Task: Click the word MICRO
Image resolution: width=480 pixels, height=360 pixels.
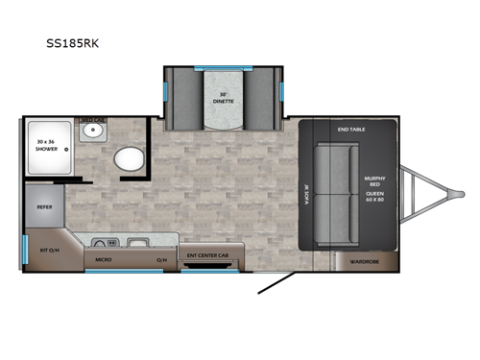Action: click(102, 259)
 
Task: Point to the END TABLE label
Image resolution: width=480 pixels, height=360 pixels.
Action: click(349, 129)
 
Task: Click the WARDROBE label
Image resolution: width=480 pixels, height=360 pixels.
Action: click(364, 260)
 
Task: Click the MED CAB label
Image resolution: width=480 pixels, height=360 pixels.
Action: click(100, 119)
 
